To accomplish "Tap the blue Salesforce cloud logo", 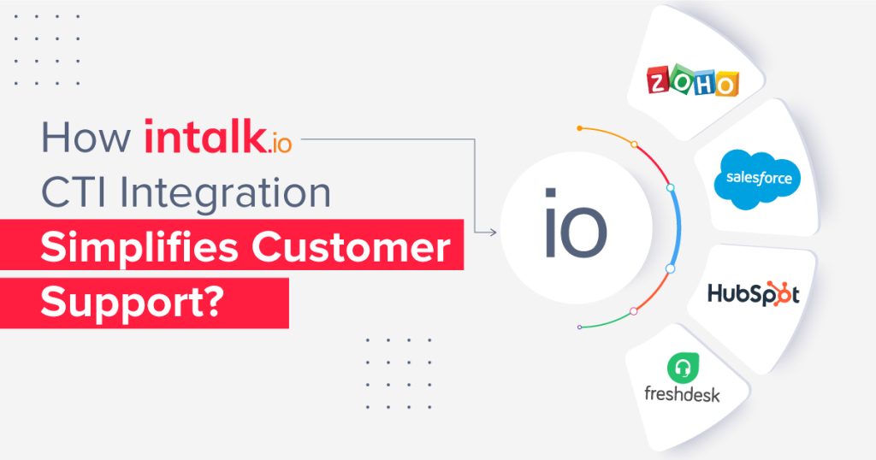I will point(758,180).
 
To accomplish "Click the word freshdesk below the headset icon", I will point(682,395).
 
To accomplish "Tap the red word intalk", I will point(204,137).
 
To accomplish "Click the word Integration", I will point(225,194).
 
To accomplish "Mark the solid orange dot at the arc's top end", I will point(579,128).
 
